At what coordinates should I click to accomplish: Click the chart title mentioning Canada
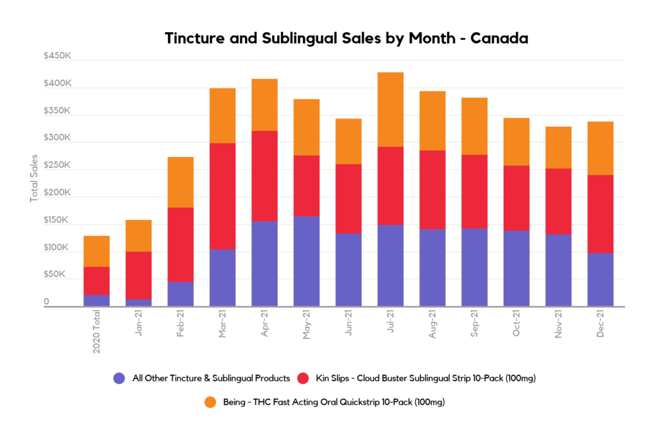coord(346,38)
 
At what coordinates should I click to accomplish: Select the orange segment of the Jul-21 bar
coord(391,110)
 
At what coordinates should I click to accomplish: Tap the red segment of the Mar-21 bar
coord(222,196)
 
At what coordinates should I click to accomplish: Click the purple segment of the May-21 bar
coord(306,262)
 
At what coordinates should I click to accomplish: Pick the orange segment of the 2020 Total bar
coord(96,251)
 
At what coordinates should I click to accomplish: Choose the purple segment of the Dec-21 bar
coord(601,280)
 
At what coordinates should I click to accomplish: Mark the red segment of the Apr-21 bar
coord(264,176)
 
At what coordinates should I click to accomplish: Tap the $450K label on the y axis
coord(57,57)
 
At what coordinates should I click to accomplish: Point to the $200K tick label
coord(57,193)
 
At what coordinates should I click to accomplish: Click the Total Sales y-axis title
coord(34,178)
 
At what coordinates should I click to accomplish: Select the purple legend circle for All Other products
coord(119,378)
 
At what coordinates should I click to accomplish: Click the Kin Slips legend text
coord(426,378)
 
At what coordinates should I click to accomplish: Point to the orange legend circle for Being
coord(210,402)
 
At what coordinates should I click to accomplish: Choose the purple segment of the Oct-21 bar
coord(516,268)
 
